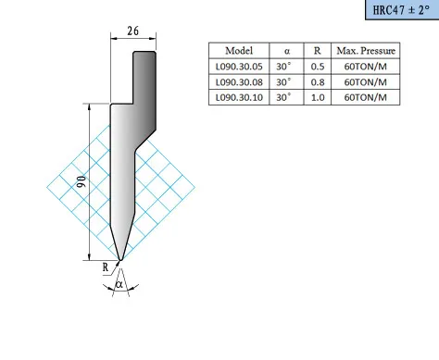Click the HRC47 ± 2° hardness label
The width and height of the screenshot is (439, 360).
click(401, 10)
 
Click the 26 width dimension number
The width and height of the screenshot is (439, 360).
click(133, 31)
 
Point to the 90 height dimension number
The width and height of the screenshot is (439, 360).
click(82, 181)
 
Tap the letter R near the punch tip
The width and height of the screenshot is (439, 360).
click(106, 267)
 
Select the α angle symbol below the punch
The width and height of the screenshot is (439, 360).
click(119, 284)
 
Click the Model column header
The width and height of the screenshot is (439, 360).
click(239, 51)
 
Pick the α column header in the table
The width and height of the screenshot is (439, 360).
click(287, 51)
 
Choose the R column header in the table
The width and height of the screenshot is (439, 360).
click(318, 51)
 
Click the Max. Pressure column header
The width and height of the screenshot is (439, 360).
click(366, 51)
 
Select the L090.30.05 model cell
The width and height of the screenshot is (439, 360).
click(239, 67)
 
